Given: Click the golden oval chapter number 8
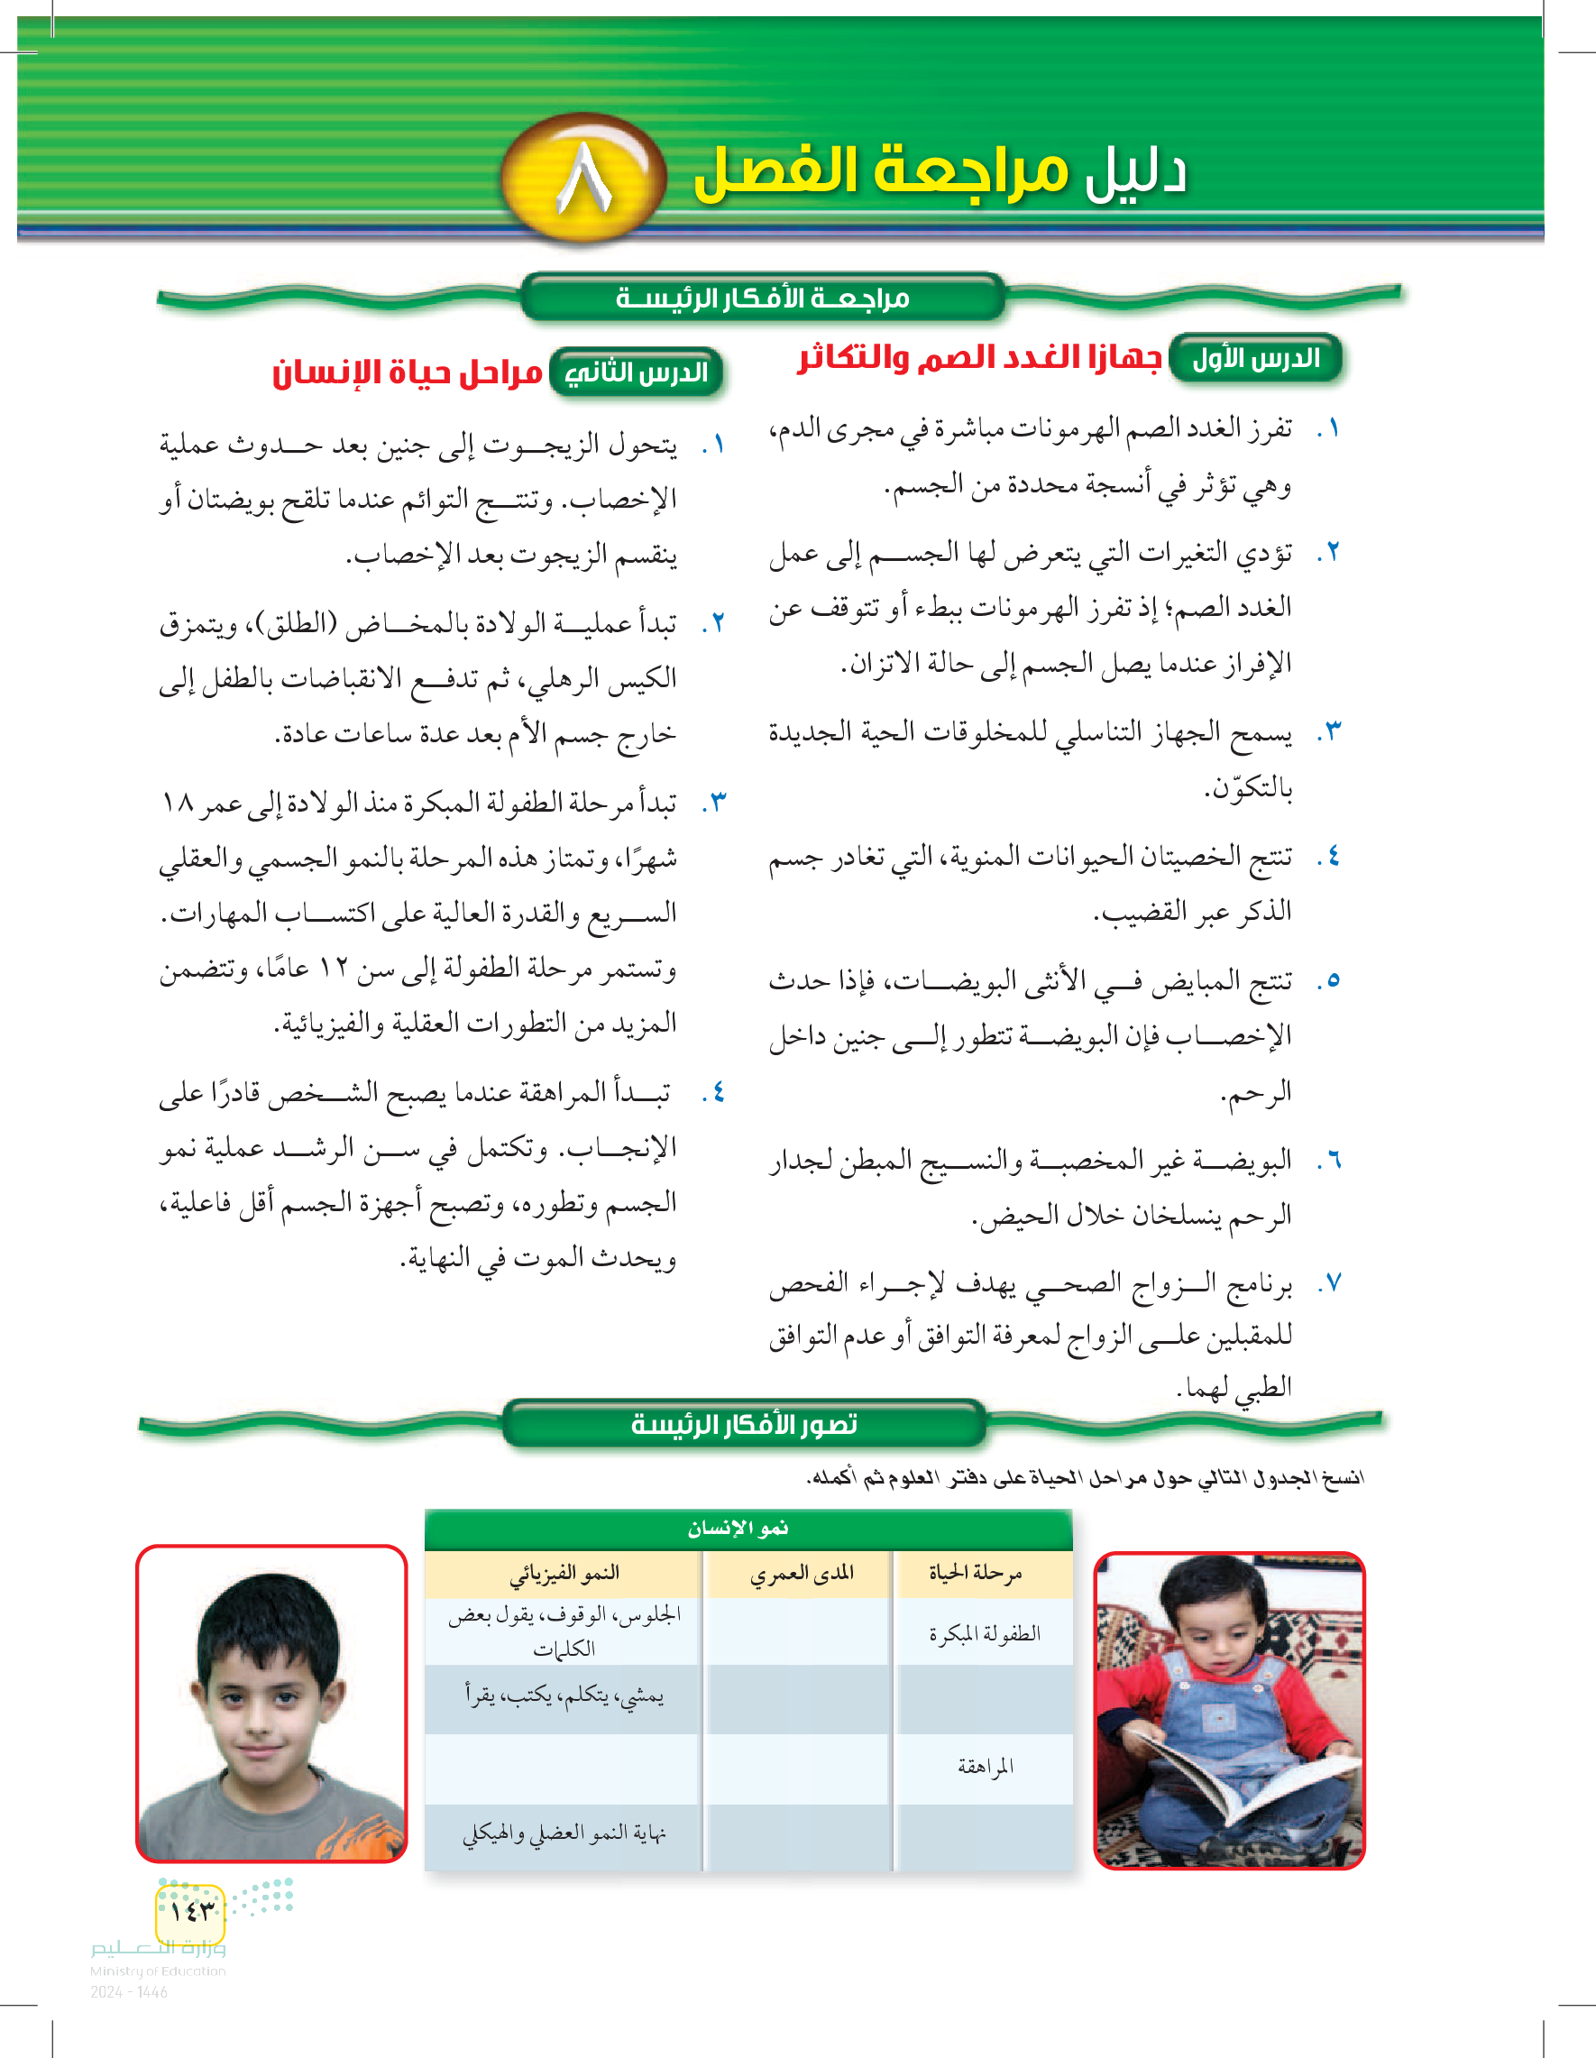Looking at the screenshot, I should click(x=584, y=177).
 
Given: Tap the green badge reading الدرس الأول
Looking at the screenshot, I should click(x=1255, y=359).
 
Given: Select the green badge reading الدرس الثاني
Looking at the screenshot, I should click(x=637, y=373).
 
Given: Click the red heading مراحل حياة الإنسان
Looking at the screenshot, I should click(x=407, y=373).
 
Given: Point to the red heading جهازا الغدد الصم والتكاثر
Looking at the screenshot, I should click(x=979, y=358).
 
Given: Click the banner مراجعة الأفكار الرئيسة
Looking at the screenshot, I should click(x=762, y=299).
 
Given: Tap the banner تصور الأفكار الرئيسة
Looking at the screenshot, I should click(x=744, y=1424).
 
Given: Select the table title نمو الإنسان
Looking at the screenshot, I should click(x=738, y=1529).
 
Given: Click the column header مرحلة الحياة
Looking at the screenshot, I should click(x=975, y=1573).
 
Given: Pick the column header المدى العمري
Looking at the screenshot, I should click(x=801, y=1573).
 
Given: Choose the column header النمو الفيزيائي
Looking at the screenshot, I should click(x=564, y=1573).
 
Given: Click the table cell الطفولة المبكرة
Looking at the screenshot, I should click(x=985, y=1634).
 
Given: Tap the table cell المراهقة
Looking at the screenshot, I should click(x=985, y=1767).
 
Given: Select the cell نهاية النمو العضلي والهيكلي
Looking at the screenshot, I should click(x=564, y=1833).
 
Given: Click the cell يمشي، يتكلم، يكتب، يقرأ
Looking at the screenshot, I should click(x=564, y=1697).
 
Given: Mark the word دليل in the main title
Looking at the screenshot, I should click(x=1135, y=174).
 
